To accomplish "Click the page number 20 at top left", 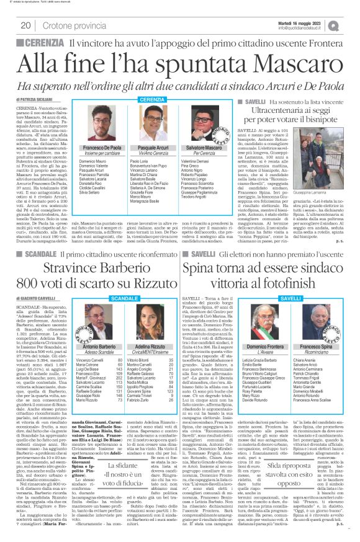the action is [x=26, y=25].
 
